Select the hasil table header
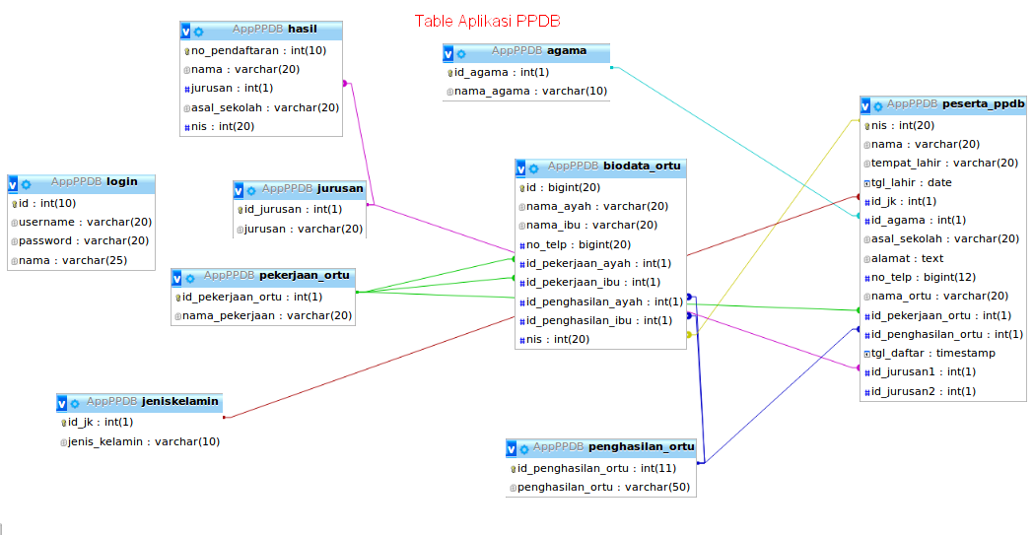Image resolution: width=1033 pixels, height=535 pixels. click(261, 30)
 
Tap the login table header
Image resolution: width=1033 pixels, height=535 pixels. click(81, 182)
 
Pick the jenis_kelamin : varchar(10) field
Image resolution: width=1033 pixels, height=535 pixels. click(143, 441)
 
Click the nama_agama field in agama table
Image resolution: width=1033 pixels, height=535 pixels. click(530, 92)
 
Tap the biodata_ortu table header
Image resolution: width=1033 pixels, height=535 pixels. click(599, 167)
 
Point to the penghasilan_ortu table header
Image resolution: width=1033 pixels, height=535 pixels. click(600, 447)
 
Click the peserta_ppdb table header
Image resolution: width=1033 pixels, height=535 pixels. click(943, 103)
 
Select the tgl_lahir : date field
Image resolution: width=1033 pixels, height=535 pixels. click(911, 182)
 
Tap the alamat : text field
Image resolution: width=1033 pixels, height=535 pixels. click(907, 258)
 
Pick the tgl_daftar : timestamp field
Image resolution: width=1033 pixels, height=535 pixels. click(932, 353)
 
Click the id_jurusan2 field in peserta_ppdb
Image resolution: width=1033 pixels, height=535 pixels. click(923, 391)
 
